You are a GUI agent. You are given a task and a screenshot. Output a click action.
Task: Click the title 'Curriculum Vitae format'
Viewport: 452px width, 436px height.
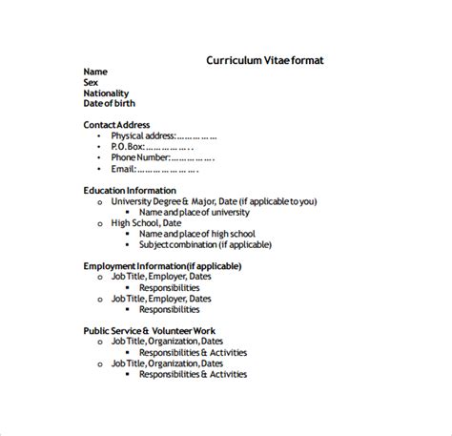[264, 59]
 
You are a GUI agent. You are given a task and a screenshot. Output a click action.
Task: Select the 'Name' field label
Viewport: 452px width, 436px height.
[94, 73]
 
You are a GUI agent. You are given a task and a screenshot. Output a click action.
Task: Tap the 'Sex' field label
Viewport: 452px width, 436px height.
[92, 83]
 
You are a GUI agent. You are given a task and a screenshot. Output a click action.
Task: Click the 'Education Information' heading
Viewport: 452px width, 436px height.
[130, 191]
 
